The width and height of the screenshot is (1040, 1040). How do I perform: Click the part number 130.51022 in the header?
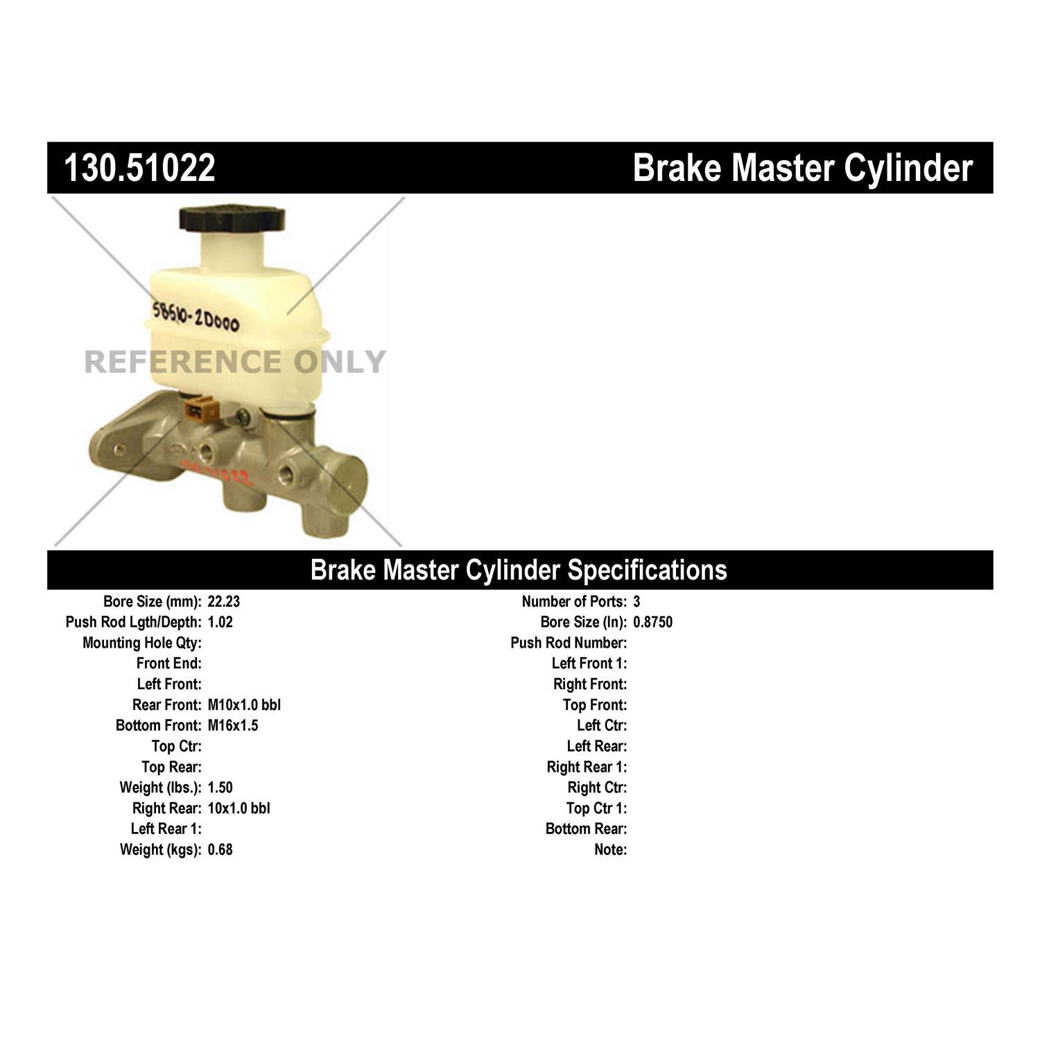(x=139, y=168)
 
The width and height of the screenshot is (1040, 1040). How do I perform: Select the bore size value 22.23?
(x=223, y=602)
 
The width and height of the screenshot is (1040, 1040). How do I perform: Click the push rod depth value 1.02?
(x=220, y=622)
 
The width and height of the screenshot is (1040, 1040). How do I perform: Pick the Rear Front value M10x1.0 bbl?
(x=244, y=705)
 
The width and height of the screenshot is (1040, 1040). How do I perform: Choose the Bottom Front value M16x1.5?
(x=232, y=725)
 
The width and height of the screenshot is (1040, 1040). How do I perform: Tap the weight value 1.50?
(x=220, y=788)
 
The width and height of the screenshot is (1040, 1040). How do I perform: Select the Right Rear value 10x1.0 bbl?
(x=239, y=808)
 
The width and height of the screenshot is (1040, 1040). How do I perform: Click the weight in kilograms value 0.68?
(x=220, y=849)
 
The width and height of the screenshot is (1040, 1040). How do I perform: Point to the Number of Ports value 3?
(x=636, y=602)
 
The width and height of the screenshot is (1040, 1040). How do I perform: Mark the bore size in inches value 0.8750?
(x=652, y=622)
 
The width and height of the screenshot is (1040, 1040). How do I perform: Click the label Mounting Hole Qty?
(x=142, y=643)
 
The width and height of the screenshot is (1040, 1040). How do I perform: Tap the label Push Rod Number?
(x=569, y=643)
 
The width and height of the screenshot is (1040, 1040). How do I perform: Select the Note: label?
(x=610, y=849)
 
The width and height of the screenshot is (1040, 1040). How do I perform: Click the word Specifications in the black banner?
(x=647, y=570)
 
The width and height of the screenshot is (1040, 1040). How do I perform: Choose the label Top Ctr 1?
(x=596, y=808)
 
